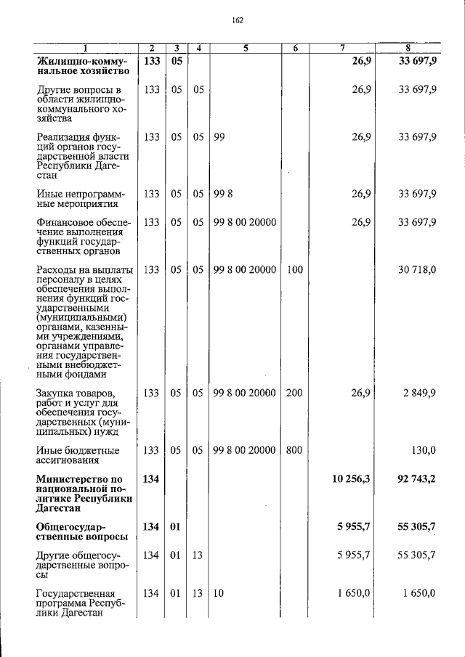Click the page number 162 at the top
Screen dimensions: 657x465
click(x=237, y=20)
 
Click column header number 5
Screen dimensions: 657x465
click(x=246, y=49)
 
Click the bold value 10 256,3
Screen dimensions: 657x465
click(x=348, y=479)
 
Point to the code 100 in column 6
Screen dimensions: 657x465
click(x=294, y=269)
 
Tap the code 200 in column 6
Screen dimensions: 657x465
click(x=294, y=393)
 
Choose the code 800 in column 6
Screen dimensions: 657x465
click(x=294, y=450)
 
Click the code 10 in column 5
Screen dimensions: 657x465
click(x=219, y=593)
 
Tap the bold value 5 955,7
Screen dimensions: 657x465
click(x=351, y=526)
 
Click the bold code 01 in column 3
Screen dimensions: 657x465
click(x=176, y=526)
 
